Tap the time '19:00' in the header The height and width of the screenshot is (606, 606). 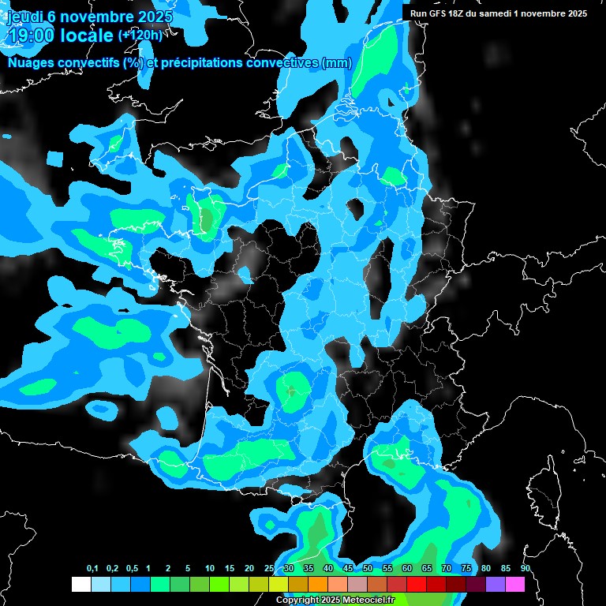(x=32, y=35)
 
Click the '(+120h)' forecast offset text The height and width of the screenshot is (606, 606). (x=140, y=36)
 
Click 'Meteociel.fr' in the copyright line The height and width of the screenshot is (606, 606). (x=368, y=600)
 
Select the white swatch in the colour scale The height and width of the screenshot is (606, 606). (x=80, y=584)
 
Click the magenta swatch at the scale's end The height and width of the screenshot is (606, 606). (x=514, y=584)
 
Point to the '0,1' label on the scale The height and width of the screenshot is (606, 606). (x=92, y=569)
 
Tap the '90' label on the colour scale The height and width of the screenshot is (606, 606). (x=525, y=569)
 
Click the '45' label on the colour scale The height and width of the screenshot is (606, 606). (x=348, y=569)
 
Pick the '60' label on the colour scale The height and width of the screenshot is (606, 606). (x=407, y=569)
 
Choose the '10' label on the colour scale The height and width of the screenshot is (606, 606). (x=210, y=569)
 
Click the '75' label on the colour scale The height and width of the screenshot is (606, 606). (x=466, y=569)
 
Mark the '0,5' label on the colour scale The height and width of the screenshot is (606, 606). (x=132, y=569)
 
